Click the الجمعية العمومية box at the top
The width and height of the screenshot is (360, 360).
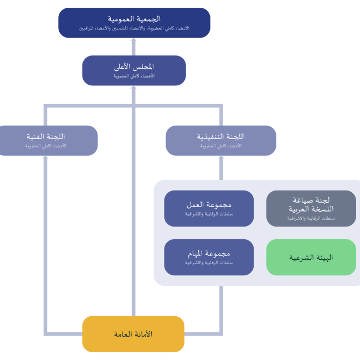point(135,23)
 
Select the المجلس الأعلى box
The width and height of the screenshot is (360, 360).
point(134,70)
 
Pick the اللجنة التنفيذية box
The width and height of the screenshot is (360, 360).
point(221,141)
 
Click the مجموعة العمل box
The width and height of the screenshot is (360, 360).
point(209,208)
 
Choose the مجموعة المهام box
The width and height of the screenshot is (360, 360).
point(209,257)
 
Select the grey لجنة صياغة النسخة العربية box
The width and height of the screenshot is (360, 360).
point(311,208)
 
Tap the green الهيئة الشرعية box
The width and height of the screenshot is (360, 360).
point(311,257)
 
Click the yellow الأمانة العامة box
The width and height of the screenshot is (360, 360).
point(133,334)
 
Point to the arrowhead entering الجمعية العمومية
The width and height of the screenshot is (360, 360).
point(133,40)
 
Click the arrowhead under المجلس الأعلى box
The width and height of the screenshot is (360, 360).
point(133,88)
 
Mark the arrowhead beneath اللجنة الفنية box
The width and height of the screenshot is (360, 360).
point(45,158)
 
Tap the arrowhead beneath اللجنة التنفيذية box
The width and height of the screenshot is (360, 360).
point(221,158)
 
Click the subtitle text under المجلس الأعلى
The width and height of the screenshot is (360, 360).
point(134,76)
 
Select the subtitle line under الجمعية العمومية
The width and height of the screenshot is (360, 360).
point(135,28)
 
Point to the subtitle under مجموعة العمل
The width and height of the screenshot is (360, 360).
point(209,214)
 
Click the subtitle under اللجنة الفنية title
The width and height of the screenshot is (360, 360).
point(46,146)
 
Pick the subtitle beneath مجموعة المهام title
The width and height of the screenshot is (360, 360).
point(209,263)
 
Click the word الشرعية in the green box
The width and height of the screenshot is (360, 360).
point(300,258)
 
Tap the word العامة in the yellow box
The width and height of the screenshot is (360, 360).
point(123,334)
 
